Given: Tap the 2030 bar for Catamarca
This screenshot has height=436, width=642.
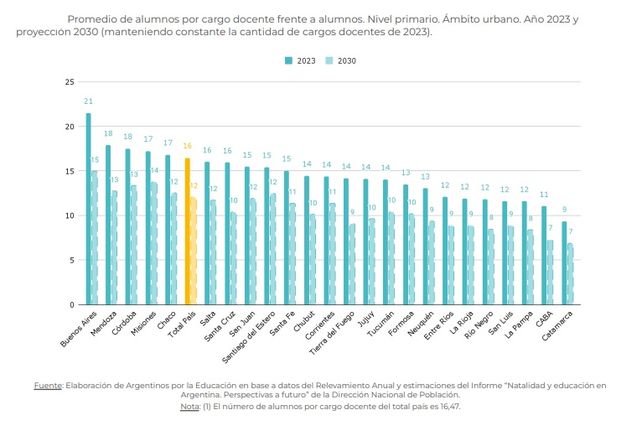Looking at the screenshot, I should point(571,273).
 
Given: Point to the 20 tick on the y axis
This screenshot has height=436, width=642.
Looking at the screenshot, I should point(71,127).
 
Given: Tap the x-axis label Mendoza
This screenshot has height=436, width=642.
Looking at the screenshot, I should point(101,326).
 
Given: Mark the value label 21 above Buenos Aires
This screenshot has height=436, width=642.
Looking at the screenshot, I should point(88,102).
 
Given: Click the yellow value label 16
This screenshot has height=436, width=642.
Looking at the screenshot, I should point(187,146).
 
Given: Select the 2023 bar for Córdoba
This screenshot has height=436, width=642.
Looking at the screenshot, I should point(127,226).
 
